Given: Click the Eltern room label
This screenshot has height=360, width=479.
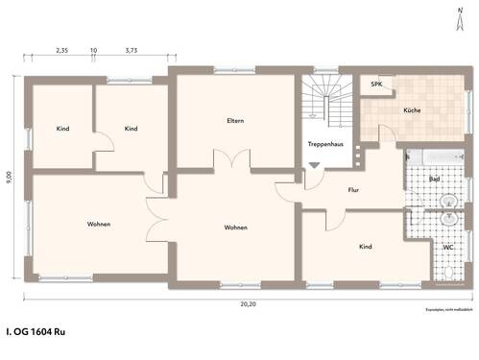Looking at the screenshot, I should [x=235, y=121].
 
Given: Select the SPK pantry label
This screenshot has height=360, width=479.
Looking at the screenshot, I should [x=377, y=84].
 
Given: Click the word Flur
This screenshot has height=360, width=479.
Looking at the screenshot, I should [x=352, y=190].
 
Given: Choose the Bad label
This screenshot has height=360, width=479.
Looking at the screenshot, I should [x=434, y=179].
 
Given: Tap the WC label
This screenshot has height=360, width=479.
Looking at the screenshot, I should [x=447, y=247].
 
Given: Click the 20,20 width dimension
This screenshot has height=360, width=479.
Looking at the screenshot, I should [x=248, y=303].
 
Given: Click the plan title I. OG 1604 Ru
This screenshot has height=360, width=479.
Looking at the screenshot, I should [x=36, y=331].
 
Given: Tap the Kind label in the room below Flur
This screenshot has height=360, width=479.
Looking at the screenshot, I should [x=365, y=247].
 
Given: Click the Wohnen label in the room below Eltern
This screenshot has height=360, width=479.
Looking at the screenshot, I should [x=235, y=228].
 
